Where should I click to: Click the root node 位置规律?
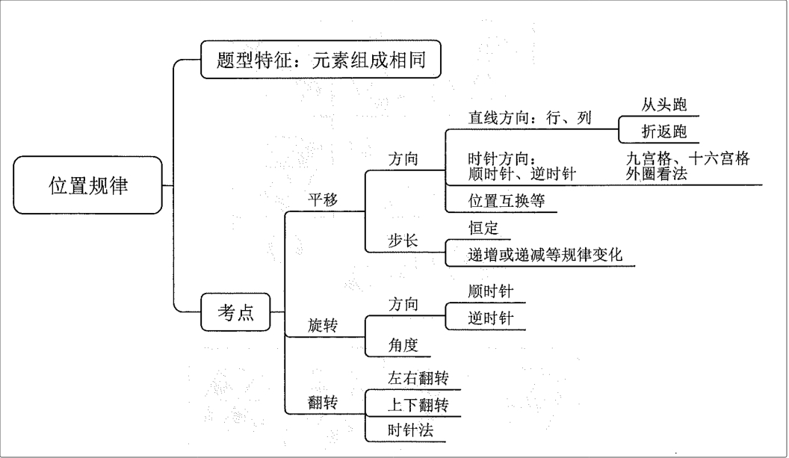(88, 185)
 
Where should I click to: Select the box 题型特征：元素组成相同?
(321, 59)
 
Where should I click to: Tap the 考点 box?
(235, 313)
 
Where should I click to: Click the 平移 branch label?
(324, 199)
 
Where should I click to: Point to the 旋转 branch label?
(324, 326)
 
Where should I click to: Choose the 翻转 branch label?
(324, 403)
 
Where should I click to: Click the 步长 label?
(403, 241)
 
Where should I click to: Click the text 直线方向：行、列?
(529, 119)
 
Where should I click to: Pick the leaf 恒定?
(483, 228)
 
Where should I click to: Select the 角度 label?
(403, 344)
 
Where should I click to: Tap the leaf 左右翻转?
(418, 378)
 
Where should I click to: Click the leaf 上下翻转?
(418, 405)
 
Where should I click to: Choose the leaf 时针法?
(410, 431)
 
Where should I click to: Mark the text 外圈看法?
(657, 174)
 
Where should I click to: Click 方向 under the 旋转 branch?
(403, 304)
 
